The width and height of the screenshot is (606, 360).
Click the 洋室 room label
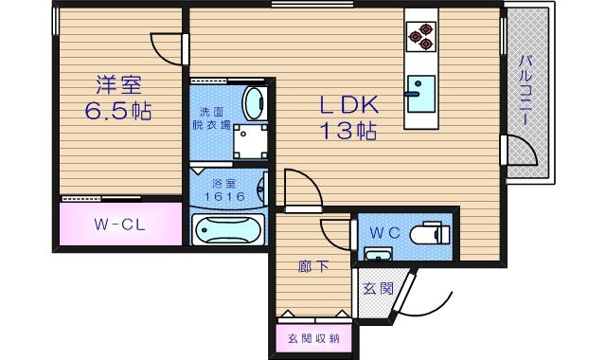tap(116, 82)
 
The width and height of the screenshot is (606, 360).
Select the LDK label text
tap(346, 103)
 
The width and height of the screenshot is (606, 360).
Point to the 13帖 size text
tap(347, 131)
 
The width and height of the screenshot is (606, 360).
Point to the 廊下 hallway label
tap(313, 266)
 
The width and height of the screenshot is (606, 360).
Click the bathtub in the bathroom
tap(226, 229)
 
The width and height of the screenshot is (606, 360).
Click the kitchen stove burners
tap(419, 37)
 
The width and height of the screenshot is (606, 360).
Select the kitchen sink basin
tap(419, 86)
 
